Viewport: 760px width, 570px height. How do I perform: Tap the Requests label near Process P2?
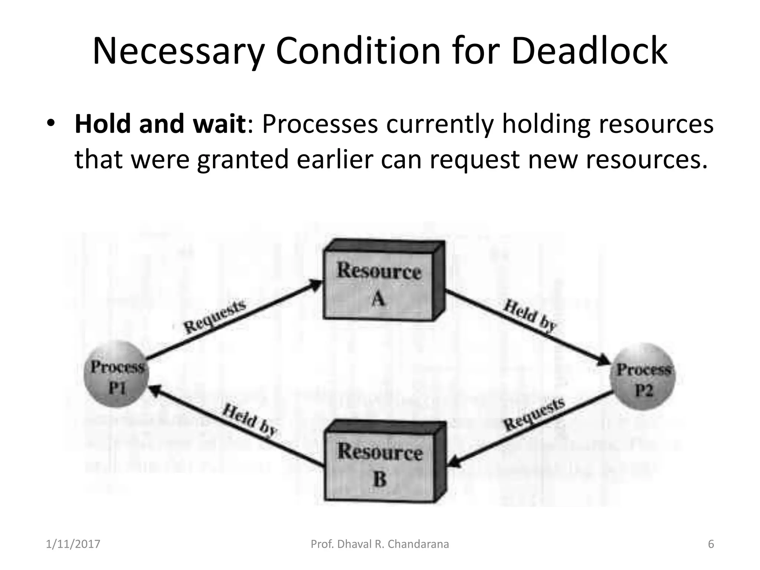click(534, 415)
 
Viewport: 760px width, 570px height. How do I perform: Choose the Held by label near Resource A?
click(530, 315)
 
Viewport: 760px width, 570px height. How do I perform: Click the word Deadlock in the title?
click(589, 51)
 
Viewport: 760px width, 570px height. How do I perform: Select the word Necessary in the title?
click(178, 51)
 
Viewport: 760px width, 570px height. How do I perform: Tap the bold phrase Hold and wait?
click(160, 124)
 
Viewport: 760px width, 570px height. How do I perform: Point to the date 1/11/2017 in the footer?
click(73, 544)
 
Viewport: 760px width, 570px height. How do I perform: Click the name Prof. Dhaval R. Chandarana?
click(380, 544)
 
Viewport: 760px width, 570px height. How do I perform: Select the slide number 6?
click(711, 544)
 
